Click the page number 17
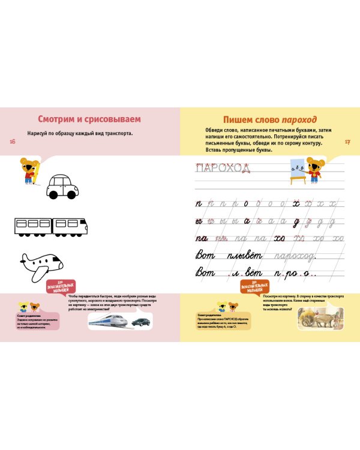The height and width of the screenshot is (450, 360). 347,142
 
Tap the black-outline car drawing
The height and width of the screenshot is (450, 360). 62,187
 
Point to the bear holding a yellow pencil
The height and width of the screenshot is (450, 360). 29,170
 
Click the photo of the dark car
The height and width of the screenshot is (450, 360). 140,322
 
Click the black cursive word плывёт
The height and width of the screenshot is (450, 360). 244,256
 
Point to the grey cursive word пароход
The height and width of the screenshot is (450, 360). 293,256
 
